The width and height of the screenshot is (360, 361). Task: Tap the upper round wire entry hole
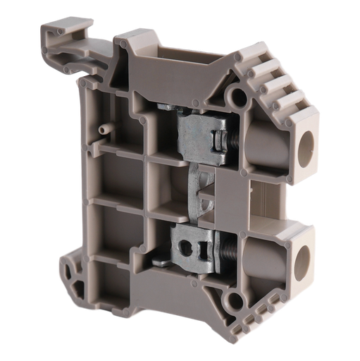click(306, 147)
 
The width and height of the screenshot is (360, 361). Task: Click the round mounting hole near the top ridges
click(238, 94)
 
